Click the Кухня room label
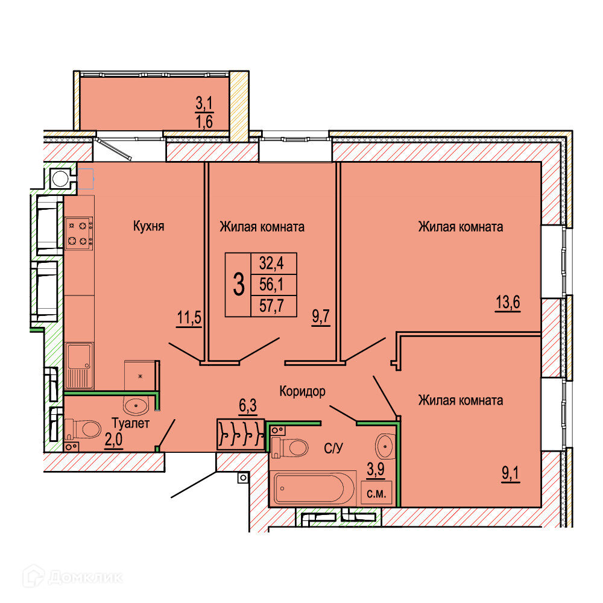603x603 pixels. (x=148, y=226)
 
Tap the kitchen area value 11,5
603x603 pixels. (x=189, y=318)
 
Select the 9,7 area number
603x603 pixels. (x=321, y=317)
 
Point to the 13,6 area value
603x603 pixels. (x=508, y=303)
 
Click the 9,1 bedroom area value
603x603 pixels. (x=510, y=473)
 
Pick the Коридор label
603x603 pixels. (x=302, y=391)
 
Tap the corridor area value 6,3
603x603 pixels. (x=248, y=405)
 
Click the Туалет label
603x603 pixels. (x=130, y=423)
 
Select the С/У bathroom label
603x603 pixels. (x=333, y=448)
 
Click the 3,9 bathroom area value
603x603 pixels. (x=376, y=469)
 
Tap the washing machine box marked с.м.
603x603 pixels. (x=376, y=493)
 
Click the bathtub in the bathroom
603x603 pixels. (x=314, y=488)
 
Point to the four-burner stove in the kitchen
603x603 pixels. (x=79, y=233)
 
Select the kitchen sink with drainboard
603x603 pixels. (x=79, y=365)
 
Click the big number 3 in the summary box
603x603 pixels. (x=239, y=285)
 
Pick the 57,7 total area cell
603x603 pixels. (x=271, y=306)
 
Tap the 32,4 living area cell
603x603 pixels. (x=271, y=264)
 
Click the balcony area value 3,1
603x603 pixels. (x=204, y=103)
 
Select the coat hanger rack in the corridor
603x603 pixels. (x=241, y=435)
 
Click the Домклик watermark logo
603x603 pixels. (x=72, y=577)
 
